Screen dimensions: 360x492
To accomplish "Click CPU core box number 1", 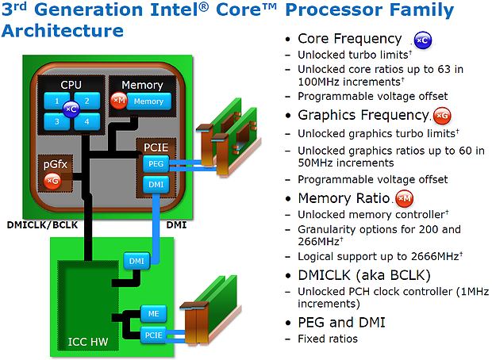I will click(x=57, y=101).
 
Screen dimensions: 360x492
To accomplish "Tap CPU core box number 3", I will click(x=57, y=121).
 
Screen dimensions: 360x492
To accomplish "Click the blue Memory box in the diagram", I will click(x=148, y=101).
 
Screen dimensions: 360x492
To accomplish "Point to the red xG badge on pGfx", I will click(x=52, y=182).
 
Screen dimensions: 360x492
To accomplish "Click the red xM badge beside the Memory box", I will click(x=119, y=101).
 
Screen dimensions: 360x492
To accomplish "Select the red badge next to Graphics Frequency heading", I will click(x=443, y=116).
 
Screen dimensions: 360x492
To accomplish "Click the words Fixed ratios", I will click(x=328, y=339).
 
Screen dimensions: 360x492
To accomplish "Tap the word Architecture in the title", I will click(x=63, y=31).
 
